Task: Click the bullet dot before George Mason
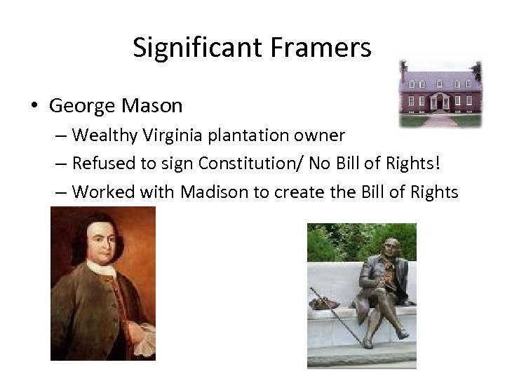coord(35,107)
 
